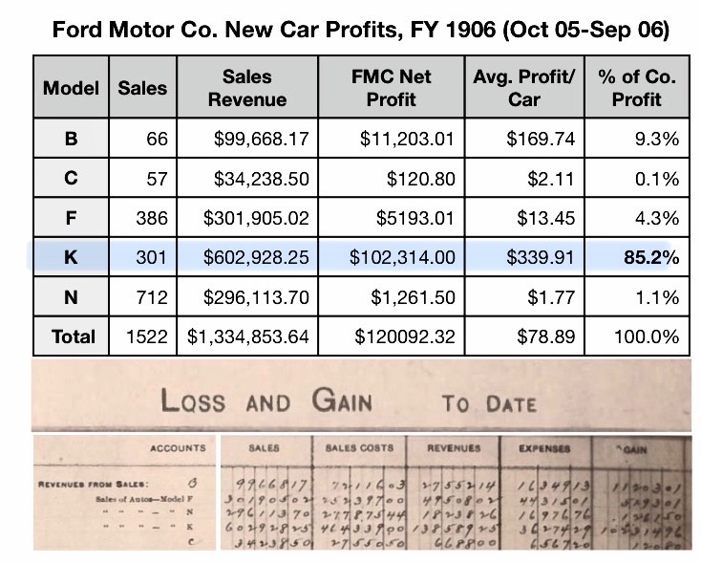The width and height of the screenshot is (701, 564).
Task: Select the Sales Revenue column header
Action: click(246, 87)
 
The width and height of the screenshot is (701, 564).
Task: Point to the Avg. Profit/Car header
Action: click(524, 87)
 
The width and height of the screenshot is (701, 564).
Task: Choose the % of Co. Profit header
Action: click(636, 87)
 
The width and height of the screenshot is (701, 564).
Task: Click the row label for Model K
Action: click(71, 256)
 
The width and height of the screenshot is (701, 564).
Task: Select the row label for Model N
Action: click(71, 296)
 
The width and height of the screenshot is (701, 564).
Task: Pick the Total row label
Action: click(73, 336)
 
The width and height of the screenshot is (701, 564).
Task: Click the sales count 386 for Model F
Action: click(151, 217)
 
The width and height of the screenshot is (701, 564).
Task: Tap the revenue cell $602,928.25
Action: click(256, 256)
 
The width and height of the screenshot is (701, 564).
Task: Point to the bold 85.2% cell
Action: click(652, 256)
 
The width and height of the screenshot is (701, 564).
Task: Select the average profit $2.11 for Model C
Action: click(556, 178)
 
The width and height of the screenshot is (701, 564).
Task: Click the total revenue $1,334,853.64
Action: click(248, 336)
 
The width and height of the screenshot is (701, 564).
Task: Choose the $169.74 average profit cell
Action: click(541, 139)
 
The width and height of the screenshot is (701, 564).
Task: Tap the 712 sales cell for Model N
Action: click(151, 296)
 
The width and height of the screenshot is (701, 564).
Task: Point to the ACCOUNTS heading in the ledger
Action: click(178, 447)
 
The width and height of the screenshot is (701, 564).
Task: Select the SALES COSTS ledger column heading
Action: click(352, 447)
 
